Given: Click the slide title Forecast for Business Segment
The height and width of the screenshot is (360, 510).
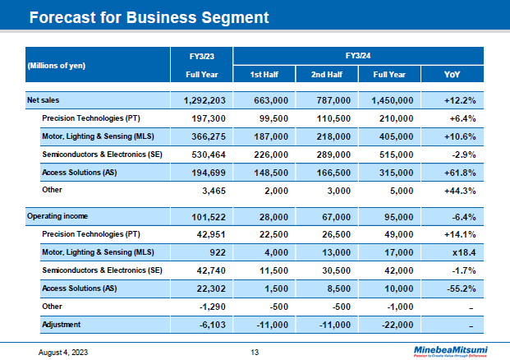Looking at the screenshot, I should point(149,17).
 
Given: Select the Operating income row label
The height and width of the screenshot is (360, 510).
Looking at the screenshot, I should point(55,216).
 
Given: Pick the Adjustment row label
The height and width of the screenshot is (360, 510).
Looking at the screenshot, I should point(62,325).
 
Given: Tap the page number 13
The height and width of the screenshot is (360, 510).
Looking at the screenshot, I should point(255,352).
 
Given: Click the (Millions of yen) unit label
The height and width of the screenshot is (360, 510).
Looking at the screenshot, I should point(57,65).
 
